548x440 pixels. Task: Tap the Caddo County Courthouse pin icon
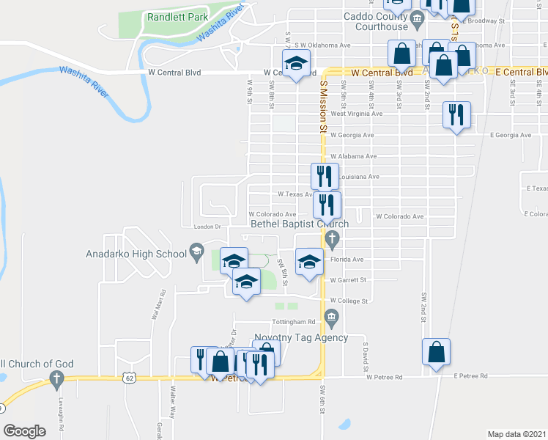(418, 18)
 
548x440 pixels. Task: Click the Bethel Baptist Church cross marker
(332, 238)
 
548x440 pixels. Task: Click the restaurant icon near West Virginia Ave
(456, 115)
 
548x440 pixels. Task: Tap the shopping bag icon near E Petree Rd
(437, 351)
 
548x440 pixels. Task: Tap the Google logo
(24, 431)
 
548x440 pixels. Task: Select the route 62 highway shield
(130, 378)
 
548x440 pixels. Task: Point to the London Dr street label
(207, 227)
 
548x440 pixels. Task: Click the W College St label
(348, 300)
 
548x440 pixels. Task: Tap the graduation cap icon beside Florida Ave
(309, 261)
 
